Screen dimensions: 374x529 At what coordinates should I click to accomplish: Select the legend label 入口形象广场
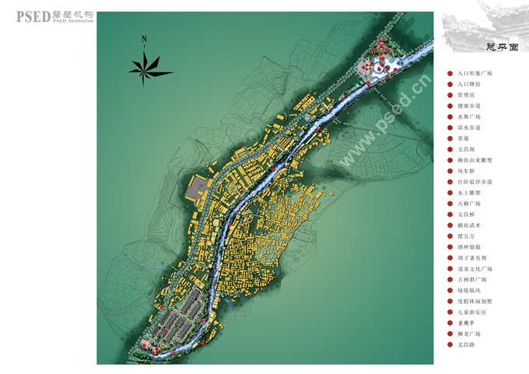475,73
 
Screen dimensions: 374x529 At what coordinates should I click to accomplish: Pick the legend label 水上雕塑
471,192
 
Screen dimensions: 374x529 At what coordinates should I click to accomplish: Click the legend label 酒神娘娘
471,246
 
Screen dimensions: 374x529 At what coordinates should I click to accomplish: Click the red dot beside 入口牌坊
450,84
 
